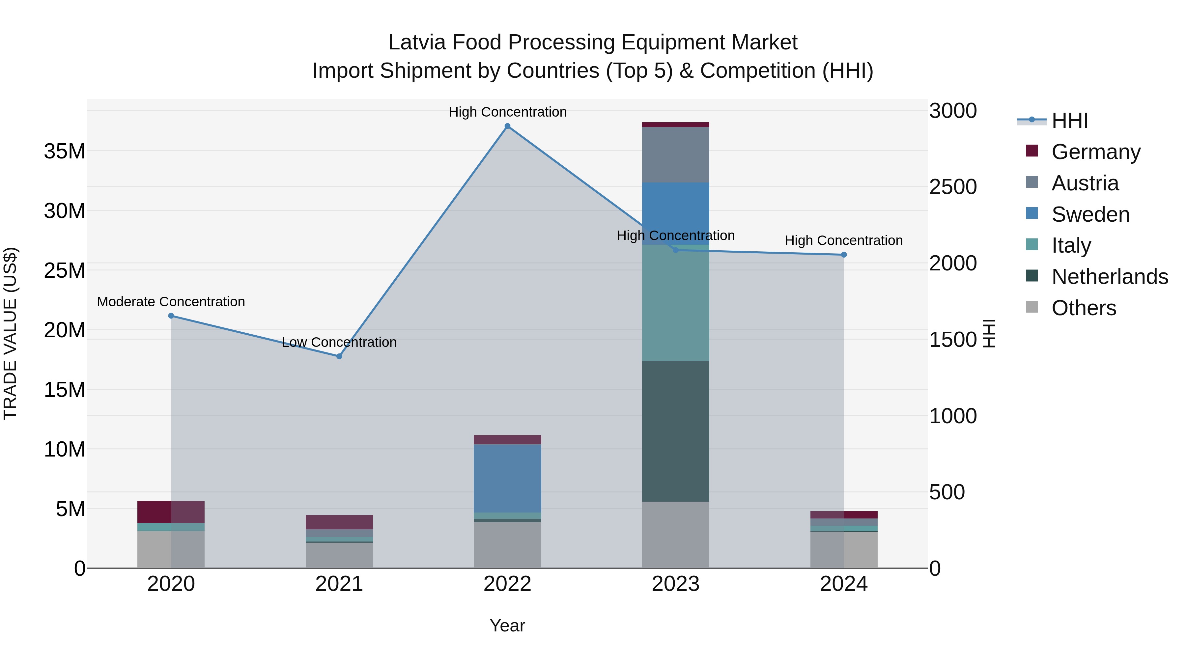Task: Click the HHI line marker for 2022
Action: pyautogui.click(x=507, y=126)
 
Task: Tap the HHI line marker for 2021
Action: pyautogui.click(x=339, y=356)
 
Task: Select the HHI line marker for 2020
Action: pyautogui.click(x=171, y=316)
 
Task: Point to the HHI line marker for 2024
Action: pyautogui.click(x=844, y=255)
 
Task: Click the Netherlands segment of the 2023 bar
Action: pyautogui.click(x=675, y=431)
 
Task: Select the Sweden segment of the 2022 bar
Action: pyautogui.click(x=507, y=478)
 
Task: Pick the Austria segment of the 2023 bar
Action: pyautogui.click(x=675, y=155)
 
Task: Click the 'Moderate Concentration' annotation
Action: pyautogui.click(x=171, y=302)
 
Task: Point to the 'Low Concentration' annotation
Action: pyautogui.click(x=339, y=343)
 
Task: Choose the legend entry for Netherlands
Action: pyautogui.click(x=1110, y=277)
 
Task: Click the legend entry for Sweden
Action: pyautogui.click(x=1090, y=214)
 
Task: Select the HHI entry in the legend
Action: pyautogui.click(x=1069, y=121)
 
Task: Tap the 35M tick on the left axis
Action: pyautogui.click(x=65, y=151)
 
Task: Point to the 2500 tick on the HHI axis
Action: pyautogui.click(x=952, y=187)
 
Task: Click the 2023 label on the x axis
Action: pyautogui.click(x=675, y=584)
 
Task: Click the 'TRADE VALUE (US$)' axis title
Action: pyautogui.click(x=10, y=333)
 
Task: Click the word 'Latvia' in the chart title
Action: pyautogui.click(x=417, y=42)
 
